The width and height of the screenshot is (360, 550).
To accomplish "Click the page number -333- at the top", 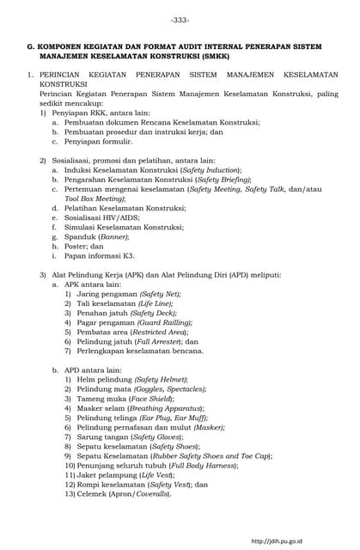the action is point(180,19).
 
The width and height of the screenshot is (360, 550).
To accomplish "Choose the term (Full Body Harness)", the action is point(204,465).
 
